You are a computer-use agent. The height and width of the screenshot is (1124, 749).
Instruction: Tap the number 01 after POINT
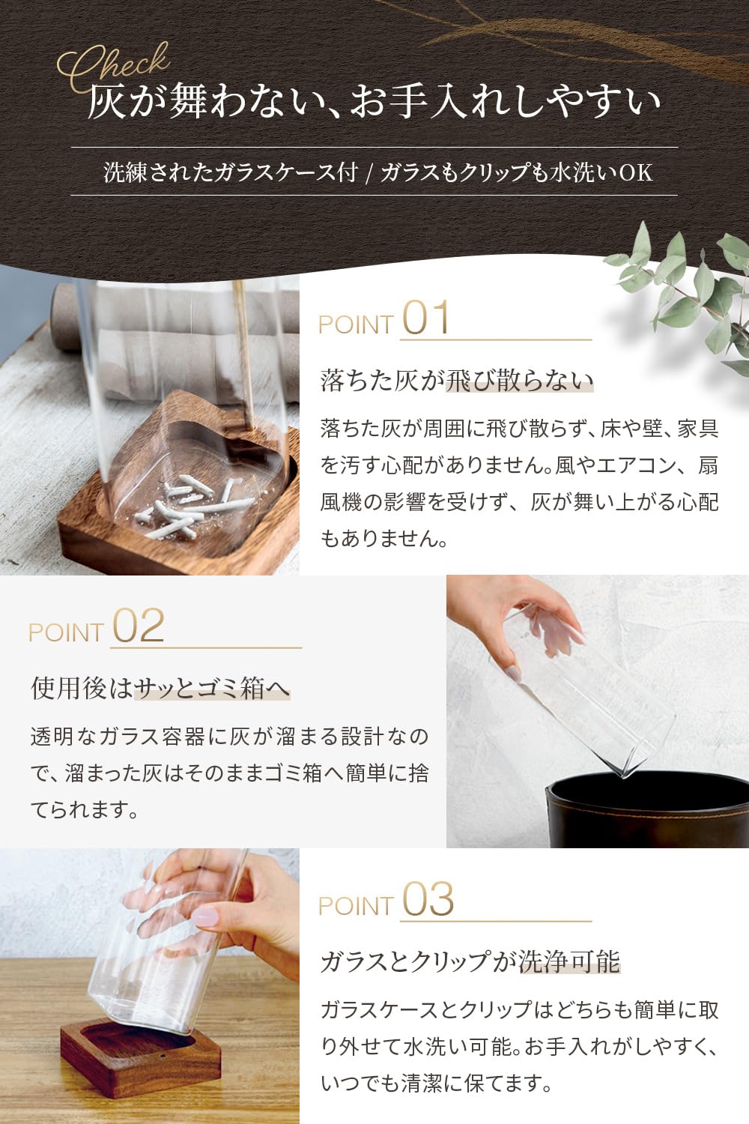click(x=425, y=318)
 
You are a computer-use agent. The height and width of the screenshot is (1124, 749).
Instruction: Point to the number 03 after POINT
click(x=428, y=899)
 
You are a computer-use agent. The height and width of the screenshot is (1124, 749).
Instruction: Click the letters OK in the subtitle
click(x=637, y=172)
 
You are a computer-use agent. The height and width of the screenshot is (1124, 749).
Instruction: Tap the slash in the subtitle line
click(x=369, y=173)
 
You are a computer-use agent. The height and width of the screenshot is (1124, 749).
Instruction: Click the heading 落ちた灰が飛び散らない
click(x=457, y=381)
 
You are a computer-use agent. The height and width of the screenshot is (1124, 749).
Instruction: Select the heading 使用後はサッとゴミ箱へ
click(x=160, y=688)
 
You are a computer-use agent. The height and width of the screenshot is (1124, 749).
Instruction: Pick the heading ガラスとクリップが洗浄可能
click(x=470, y=962)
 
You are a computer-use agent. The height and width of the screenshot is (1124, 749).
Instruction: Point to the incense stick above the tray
click(x=244, y=351)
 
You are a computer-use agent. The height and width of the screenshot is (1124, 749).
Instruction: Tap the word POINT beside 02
click(x=66, y=632)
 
